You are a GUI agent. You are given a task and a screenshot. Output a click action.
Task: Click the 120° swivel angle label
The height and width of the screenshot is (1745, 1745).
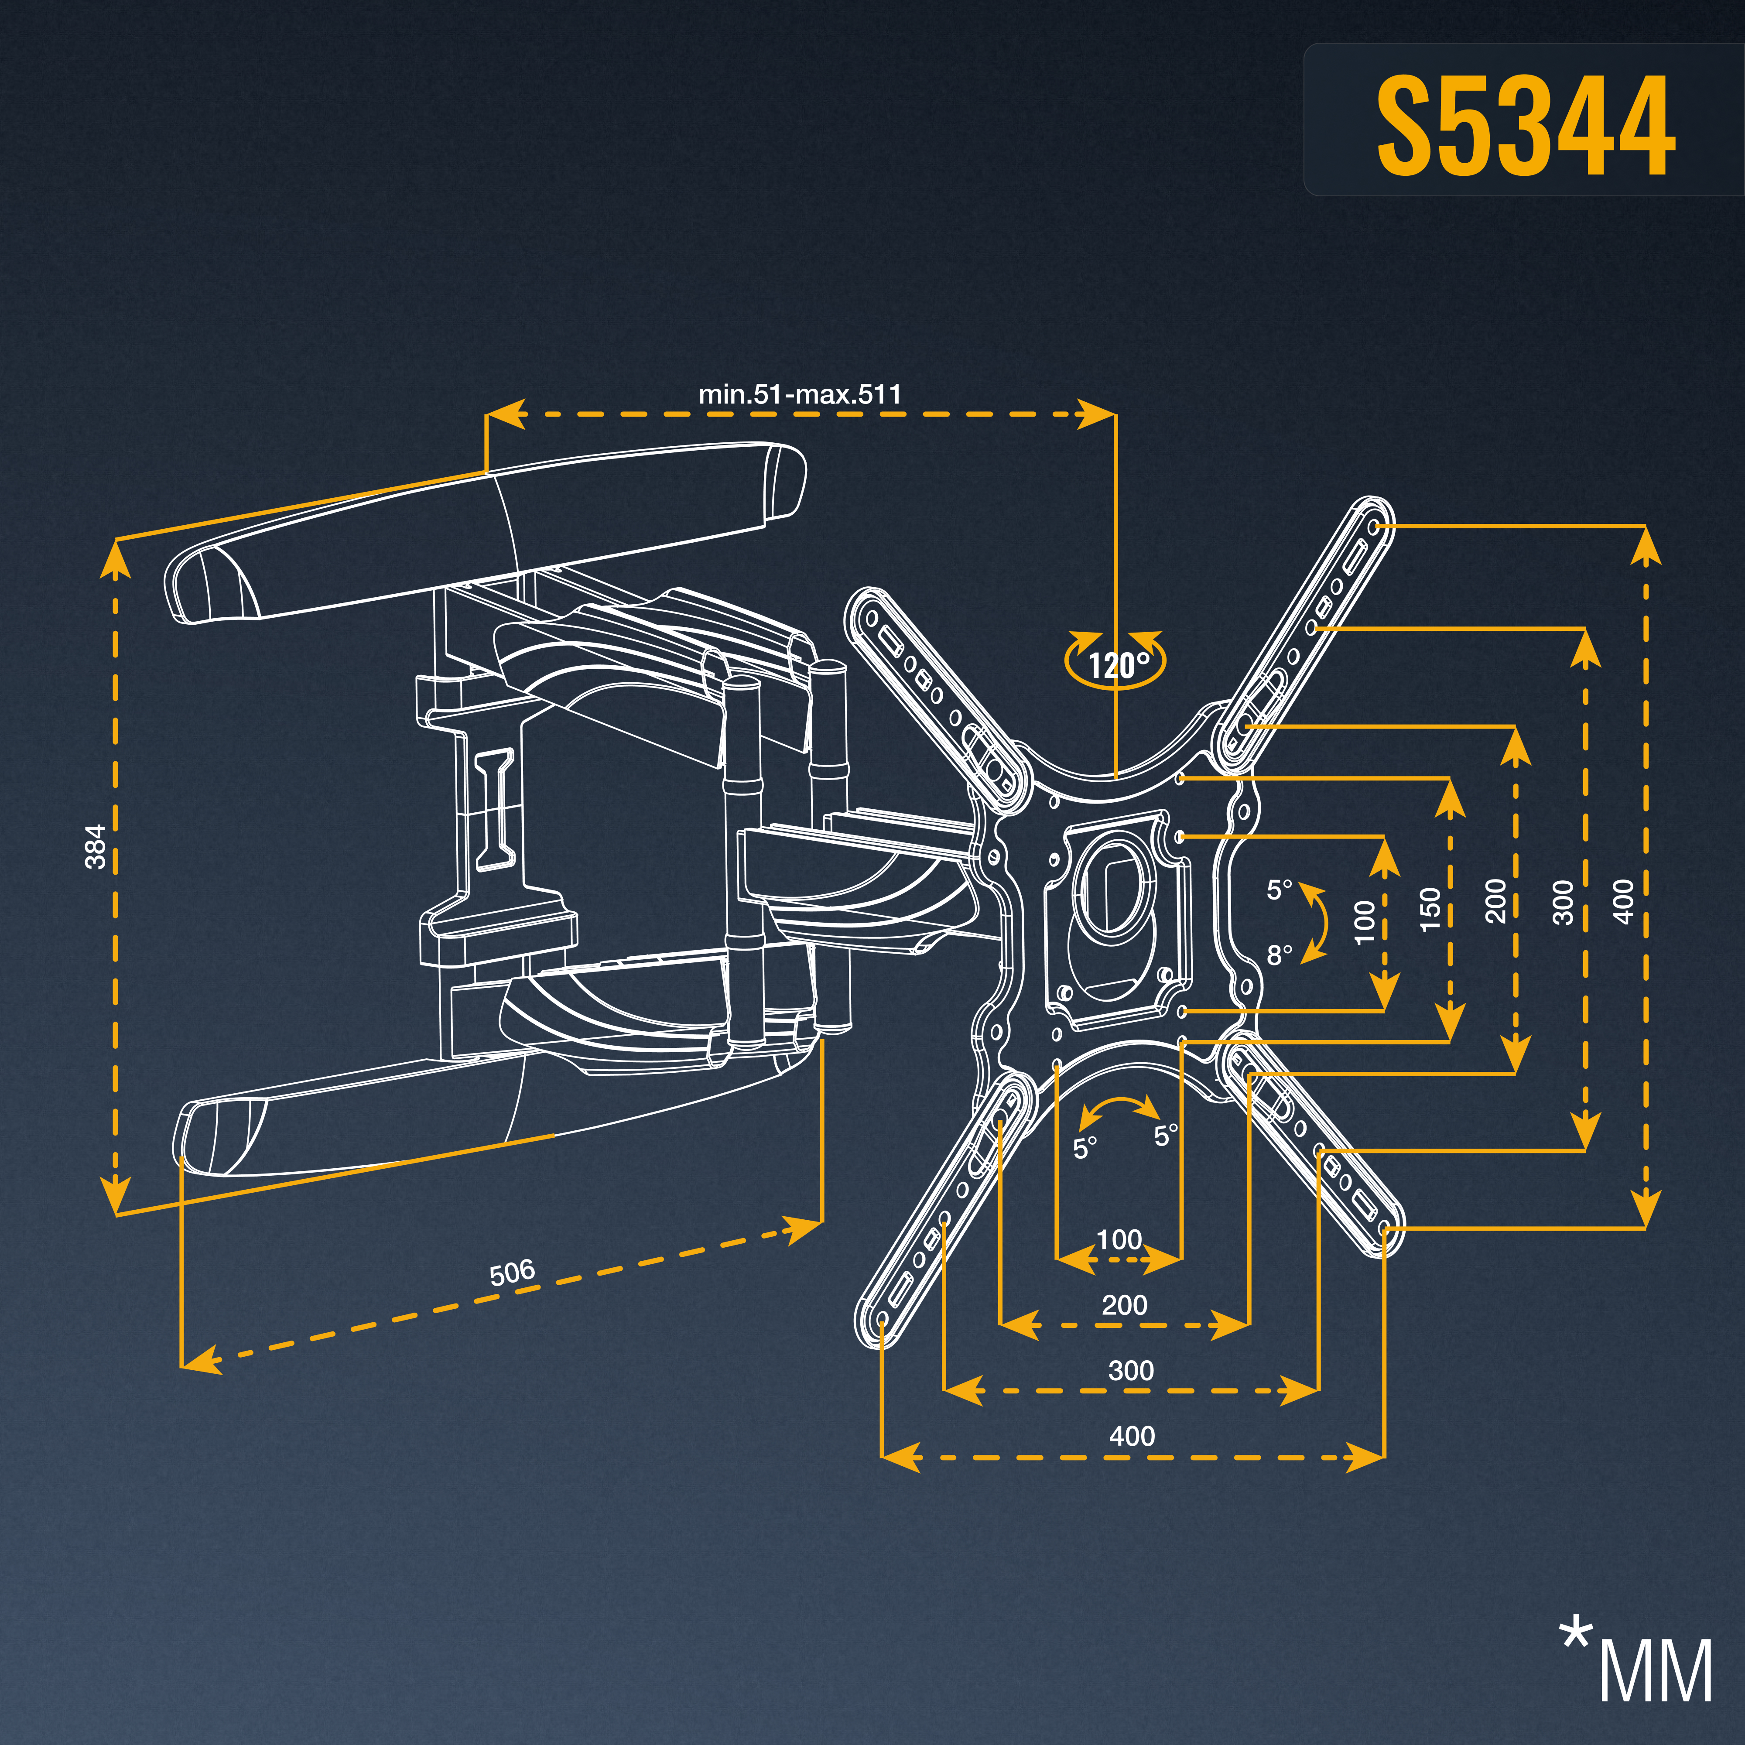pyautogui.click(x=1118, y=666)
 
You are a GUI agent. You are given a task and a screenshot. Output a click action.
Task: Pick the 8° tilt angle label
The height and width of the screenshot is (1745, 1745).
pyautogui.click(x=1279, y=955)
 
